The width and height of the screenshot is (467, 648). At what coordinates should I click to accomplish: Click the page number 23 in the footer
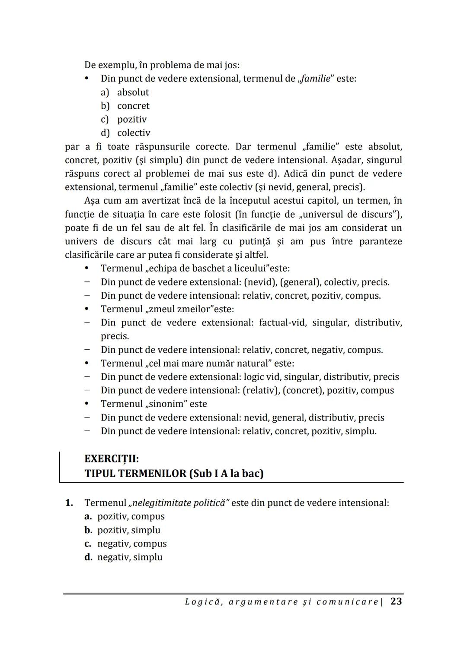[396, 601]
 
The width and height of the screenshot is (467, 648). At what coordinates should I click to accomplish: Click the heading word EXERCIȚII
[112, 458]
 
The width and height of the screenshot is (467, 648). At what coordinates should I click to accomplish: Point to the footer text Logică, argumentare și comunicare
[281, 602]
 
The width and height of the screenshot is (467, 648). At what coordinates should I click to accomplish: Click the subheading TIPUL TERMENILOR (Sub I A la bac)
[174, 474]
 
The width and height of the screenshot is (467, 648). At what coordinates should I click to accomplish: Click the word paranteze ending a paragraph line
[380, 241]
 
